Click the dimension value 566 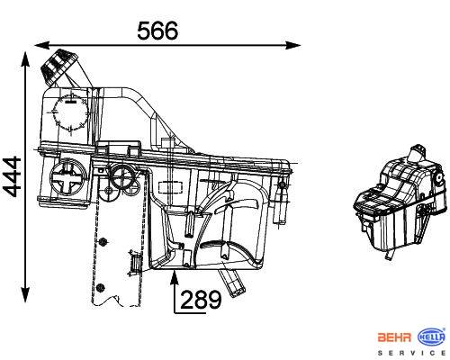pos(157,31)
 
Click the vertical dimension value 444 pos(12,177)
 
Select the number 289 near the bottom pos(201,300)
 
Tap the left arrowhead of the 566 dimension pos(41,46)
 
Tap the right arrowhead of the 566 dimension pos(293,46)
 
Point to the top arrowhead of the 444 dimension pos(25,59)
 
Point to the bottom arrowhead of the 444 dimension pos(25,294)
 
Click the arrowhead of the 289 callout pos(175,277)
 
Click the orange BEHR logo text pos(394,337)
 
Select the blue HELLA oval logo pos(432,337)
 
